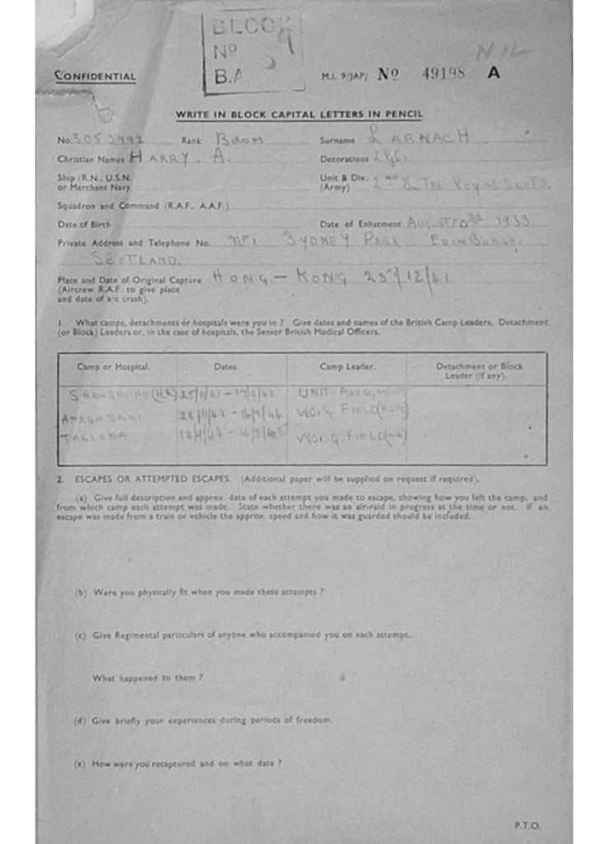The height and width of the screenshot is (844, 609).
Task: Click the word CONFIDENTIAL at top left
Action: pyautogui.click(x=95, y=77)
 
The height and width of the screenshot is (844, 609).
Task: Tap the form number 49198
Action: pyautogui.click(x=443, y=73)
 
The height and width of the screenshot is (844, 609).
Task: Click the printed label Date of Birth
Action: pyautogui.click(x=78, y=224)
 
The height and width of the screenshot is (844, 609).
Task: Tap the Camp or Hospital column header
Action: pyautogui.click(x=114, y=366)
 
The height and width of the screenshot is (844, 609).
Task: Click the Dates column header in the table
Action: pyautogui.click(x=225, y=366)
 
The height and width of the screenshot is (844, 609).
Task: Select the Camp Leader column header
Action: pyautogui.click(x=347, y=366)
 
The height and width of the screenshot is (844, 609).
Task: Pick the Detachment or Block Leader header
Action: pyautogui.click(x=479, y=370)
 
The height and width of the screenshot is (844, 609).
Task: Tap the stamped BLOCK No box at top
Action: pyautogui.click(x=253, y=52)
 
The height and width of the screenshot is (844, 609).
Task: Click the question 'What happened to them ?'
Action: pyautogui.click(x=148, y=678)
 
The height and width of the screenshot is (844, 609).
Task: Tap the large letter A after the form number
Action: pyautogui.click(x=493, y=73)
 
